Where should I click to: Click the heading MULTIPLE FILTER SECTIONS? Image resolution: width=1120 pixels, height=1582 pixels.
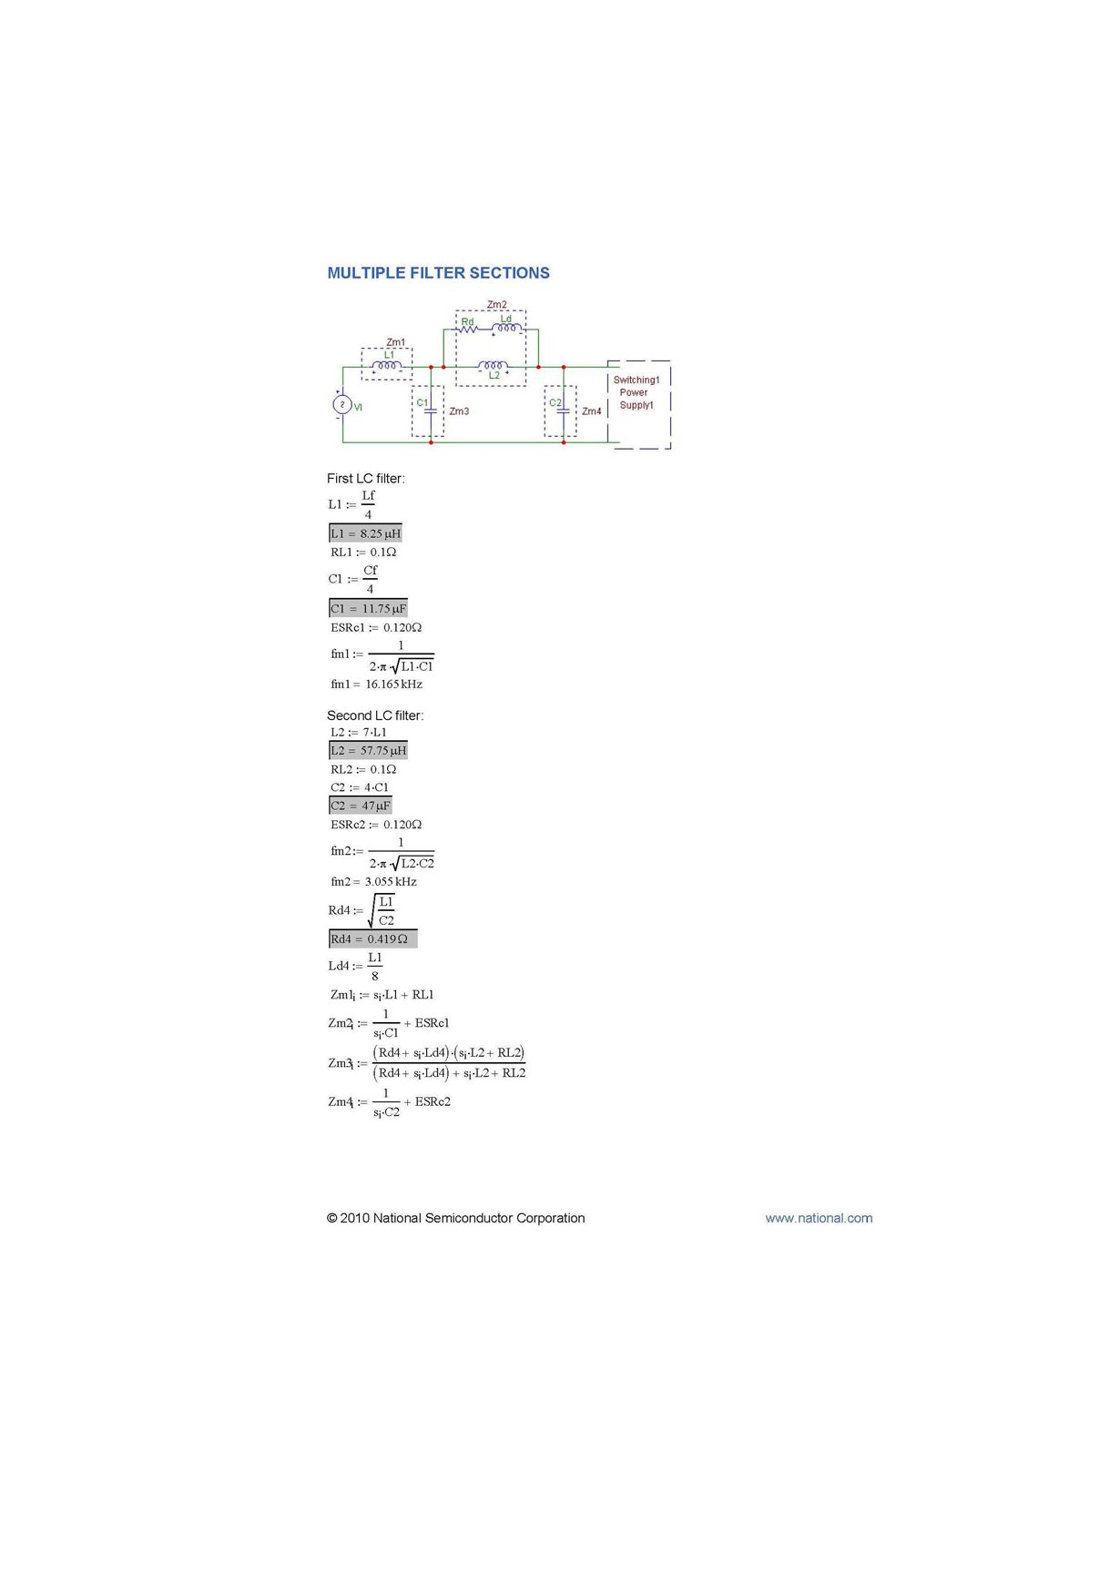click(438, 273)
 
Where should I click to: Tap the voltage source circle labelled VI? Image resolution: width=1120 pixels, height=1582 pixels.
click(342, 404)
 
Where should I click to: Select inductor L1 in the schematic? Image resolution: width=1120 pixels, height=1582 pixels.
click(387, 366)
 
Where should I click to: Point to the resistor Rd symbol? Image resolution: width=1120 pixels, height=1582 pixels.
click(468, 329)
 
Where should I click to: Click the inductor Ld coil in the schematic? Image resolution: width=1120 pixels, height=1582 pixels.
click(506, 328)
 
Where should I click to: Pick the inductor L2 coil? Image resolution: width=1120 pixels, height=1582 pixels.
click(493, 366)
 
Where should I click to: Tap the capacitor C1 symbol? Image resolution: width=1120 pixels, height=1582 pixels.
click(431, 411)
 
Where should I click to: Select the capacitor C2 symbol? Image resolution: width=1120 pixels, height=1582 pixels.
click(563, 411)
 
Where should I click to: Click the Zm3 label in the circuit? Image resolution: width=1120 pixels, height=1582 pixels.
click(459, 411)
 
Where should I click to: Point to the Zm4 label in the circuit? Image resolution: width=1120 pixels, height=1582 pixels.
click(592, 411)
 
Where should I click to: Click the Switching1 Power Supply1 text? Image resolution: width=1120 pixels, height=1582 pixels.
click(636, 393)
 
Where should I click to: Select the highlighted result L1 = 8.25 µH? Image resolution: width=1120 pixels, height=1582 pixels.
click(365, 533)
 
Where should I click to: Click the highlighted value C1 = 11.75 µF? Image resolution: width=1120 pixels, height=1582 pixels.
click(368, 608)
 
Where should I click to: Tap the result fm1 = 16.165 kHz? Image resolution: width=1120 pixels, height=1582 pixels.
click(376, 685)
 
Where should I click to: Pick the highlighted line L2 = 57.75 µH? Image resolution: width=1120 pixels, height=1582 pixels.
click(368, 751)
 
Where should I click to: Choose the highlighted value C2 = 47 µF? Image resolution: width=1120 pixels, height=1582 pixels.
click(360, 806)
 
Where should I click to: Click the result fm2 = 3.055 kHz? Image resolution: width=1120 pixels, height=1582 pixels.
click(373, 882)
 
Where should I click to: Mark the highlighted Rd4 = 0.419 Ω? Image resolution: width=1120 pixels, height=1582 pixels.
click(372, 939)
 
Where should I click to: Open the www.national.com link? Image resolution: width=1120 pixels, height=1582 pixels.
click(819, 1218)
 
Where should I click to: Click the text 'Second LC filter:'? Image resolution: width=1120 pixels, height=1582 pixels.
click(375, 715)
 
